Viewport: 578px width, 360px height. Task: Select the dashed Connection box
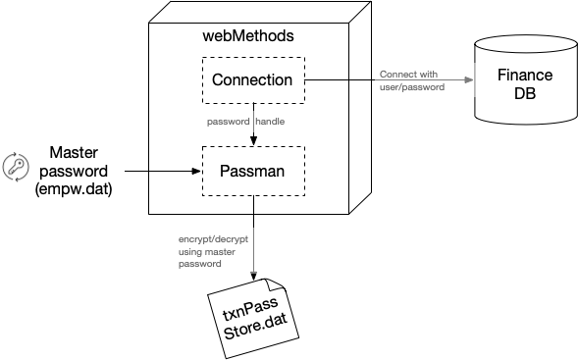(x=252, y=79)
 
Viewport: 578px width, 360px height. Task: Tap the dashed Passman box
(x=252, y=171)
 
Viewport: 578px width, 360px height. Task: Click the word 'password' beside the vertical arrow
(x=228, y=123)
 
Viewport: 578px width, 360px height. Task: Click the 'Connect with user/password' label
(x=411, y=80)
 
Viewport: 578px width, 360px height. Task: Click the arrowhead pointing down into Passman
(x=252, y=141)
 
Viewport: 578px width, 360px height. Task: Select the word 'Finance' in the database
(x=525, y=76)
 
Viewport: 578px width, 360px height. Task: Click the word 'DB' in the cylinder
(x=525, y=95)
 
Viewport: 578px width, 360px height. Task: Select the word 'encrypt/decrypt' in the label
(x=212, y=239)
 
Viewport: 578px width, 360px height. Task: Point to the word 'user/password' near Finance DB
(x=411, y=87)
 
